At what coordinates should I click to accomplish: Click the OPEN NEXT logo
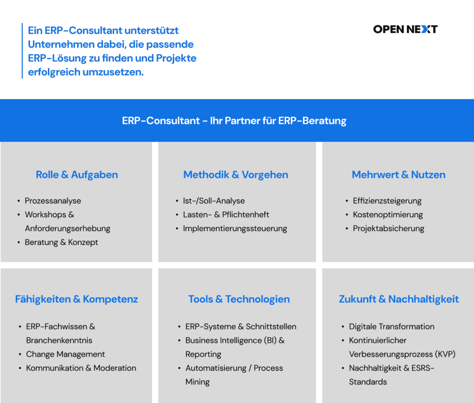coord(405,29)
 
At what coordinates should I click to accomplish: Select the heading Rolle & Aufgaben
coord(77,175)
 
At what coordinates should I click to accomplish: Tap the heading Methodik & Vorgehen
coord(236,175)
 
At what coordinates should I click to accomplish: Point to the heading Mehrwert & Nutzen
coord(399,175)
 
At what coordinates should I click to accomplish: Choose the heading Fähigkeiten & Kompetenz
coord(76,299)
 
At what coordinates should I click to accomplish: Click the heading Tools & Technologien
coord(239,299)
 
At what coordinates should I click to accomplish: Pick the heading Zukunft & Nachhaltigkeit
coord(399,299)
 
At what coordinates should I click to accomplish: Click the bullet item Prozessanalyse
coord(53,201)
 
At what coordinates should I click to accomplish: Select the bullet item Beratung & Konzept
coord(62,242)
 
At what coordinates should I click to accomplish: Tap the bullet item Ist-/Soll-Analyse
coord(214,201)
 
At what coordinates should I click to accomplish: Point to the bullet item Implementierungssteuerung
coord(235,228)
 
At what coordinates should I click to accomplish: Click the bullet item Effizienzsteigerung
coord(387,201)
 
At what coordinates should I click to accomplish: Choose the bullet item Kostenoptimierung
coord(388,214)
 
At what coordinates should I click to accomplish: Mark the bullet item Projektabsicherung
coord(388,228)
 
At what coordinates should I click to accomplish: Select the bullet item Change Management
coord(66,354)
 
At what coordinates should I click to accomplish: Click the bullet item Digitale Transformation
coord(392,327)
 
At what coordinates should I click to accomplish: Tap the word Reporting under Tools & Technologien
coord(203,354)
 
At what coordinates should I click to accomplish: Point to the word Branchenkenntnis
coord(59,340)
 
